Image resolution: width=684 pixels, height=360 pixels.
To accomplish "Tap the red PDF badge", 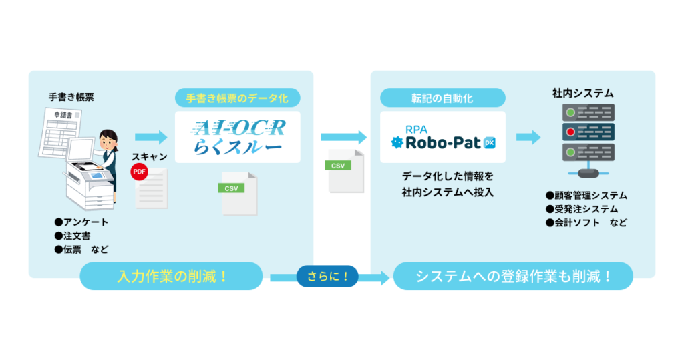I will coord(139,171).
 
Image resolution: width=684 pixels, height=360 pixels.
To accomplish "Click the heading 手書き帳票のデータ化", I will coord(238,98).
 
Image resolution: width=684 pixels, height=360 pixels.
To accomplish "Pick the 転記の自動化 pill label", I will coord(442,98).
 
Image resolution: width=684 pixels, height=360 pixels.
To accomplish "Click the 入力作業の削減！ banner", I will coord(172,276).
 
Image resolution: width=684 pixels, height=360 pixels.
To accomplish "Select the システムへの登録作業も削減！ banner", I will coord(513,276).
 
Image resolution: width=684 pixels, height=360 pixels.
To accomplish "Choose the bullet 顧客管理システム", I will coord(586,196).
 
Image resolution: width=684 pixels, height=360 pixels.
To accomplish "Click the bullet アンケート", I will coord(82,222).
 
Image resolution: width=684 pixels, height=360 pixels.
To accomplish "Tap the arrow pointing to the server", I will coord(528,138).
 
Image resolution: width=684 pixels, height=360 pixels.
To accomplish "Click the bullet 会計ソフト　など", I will coord(586,222).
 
